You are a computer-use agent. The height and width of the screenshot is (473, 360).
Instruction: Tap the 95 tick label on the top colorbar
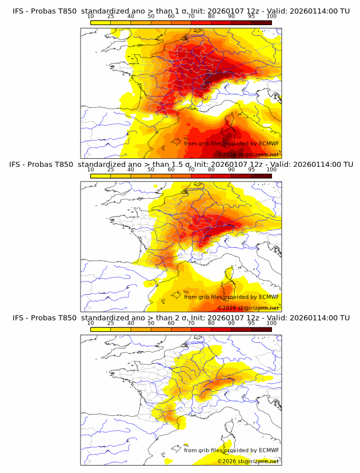coord(251,17)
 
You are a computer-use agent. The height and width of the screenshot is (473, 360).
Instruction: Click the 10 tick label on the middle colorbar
coord(90,170)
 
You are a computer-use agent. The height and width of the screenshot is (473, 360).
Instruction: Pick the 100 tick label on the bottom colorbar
coord(271,323)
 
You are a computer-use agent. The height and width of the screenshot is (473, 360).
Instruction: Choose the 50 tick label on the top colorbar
coord(151,17)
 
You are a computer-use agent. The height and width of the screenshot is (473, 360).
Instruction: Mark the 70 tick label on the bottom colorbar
coord(191,323)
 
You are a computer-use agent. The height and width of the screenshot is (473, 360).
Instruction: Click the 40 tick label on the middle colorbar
coord(131,170)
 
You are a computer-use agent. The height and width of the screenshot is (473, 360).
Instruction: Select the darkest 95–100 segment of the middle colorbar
coord(261,175)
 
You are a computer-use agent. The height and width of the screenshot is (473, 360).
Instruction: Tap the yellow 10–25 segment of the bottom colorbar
coord(101,328)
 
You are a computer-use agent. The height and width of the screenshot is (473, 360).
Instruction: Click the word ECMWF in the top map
coord(269,143)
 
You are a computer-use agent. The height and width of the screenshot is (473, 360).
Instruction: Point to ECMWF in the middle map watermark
coord(269,296)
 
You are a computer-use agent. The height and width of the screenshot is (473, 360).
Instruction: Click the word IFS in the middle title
coord(18,165)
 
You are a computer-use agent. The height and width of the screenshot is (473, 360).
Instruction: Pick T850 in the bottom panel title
coord(67,318)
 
